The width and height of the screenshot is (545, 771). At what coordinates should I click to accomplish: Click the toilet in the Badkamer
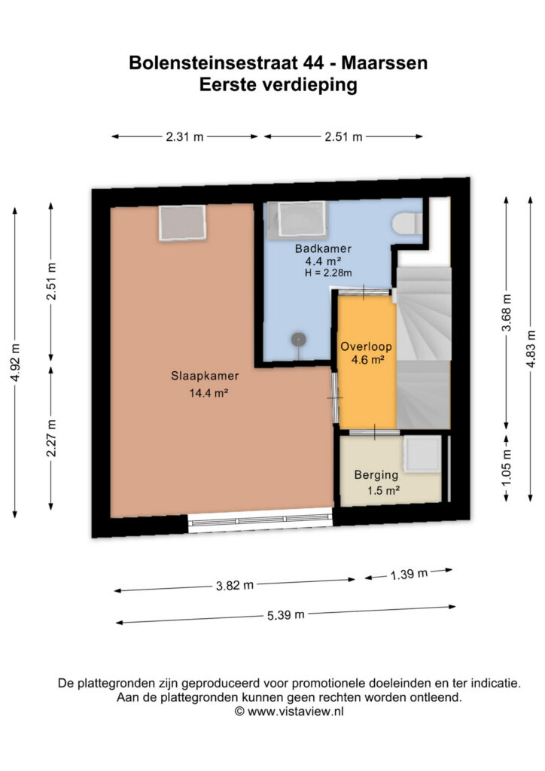click(x=407, y=223)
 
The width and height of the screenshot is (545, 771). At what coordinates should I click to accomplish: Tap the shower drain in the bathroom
click(x=298, y=339)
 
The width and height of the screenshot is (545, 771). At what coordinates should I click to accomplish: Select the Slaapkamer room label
click(x=205, y=376)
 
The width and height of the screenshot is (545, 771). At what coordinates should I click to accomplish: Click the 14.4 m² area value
click(x=209, y=393)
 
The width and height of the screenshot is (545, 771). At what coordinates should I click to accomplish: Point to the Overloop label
click(x=366, y=346)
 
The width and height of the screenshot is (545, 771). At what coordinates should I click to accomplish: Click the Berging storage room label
click(x=376, y=475)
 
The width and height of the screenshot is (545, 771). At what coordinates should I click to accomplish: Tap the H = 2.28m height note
click(x=328, y=273)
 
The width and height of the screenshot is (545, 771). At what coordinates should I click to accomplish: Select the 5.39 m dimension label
click(x=285, y=614)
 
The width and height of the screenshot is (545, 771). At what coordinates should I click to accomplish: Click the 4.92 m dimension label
click(x=15, y=363)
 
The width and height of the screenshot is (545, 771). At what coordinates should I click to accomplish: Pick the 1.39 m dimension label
click(x=409, y=574)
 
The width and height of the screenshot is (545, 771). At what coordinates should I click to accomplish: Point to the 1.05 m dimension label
click(x=507, y=467)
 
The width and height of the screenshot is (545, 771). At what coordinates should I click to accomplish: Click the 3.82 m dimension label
click(x=234, y=585)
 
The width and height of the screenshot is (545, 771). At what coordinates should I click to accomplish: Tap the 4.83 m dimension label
click(x=530, y=349)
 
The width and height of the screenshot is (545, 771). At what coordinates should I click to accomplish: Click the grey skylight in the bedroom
click(x=182, y=223)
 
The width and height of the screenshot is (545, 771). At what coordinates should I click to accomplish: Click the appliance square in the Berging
click(x=422, y=454)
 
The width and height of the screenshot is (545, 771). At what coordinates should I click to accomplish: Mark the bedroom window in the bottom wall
click(x=260, y=520)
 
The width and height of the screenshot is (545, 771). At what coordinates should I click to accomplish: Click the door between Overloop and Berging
click(x=374, y=433)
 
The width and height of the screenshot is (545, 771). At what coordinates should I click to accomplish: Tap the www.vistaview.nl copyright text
click(x=289, y=711)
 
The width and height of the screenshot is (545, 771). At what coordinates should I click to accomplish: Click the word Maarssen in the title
click(x=385, y=63)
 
